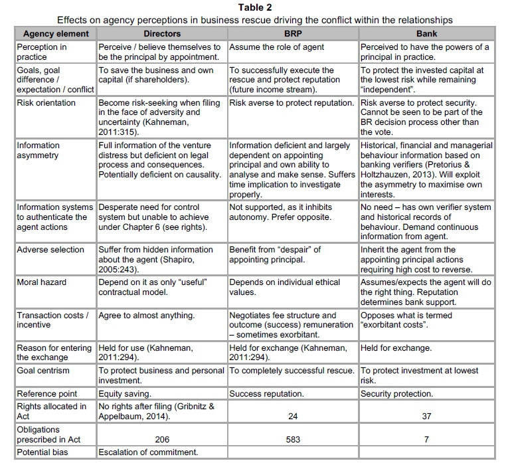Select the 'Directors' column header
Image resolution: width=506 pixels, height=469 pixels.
[x=162, y=33]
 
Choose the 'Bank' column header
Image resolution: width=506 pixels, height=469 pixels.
[x=427, y=33]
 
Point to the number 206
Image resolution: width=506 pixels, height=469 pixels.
[x=162, y=439]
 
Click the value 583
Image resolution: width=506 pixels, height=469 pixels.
[x=293, y=439]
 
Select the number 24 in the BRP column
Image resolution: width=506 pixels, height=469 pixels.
[x=293, y=417]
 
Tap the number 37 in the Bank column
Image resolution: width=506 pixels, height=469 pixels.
[x=427, y=417]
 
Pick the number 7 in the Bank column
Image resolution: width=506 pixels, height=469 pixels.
[x=427, y=439]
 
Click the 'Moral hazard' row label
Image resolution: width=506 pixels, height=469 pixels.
[x=42, y=282]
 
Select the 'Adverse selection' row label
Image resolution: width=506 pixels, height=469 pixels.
[x=50, y=250]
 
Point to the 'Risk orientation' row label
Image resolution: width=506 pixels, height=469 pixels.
[x=46, y=103]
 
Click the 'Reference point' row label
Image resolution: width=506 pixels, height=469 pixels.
[x=46, y=394]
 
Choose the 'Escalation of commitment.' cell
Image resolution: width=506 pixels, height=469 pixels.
[x=148, y=452]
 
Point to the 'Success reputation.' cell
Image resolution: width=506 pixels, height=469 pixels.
[x=267, y=394]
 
